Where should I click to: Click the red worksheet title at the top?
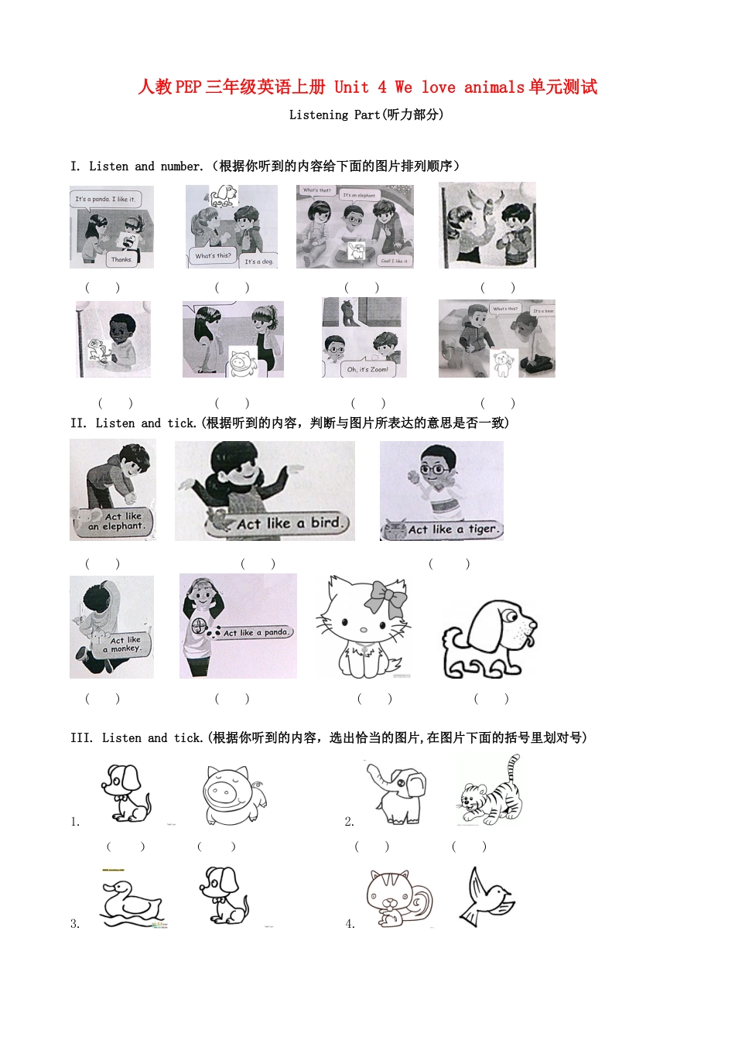coord(367,87)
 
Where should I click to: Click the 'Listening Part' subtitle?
coord(366,115)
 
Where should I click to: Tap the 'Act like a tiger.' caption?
coord(453,529)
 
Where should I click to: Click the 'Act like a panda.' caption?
coord(256,632)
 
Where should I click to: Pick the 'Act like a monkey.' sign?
coord(123,645)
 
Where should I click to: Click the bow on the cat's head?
coord(385,597)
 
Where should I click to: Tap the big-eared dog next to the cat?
coord(488,639)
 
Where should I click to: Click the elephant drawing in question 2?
coord(396,793)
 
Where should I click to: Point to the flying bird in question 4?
coord(487,898)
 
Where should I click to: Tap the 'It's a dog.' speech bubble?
coord(258,261)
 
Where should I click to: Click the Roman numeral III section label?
coord(81,737)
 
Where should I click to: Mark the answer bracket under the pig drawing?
coord(217,847)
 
